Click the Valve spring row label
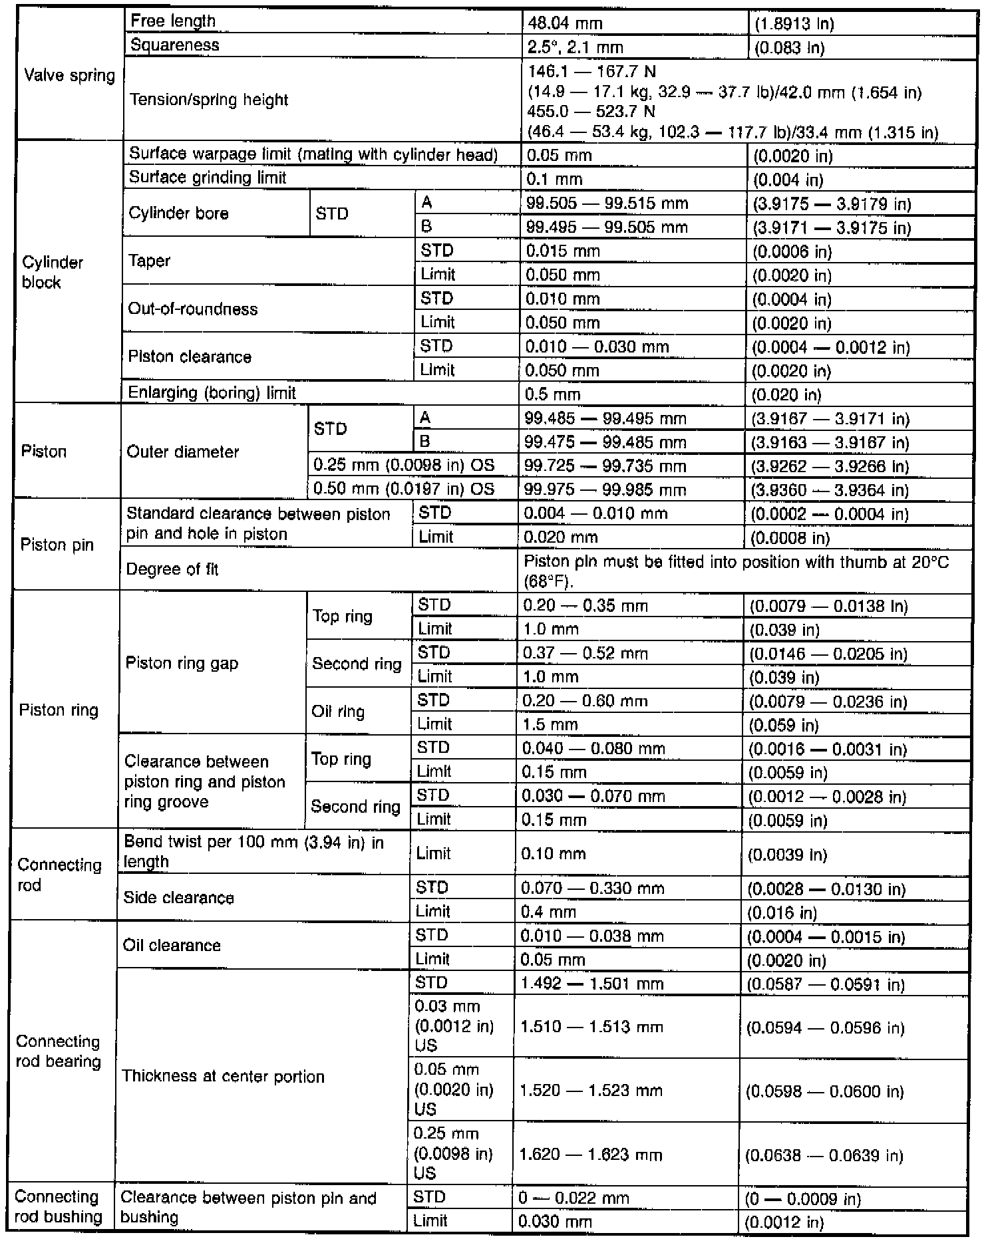tap(69, 75)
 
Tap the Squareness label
tap(175, 45)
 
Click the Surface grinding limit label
tap(208, 178)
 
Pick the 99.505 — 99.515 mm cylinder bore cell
tap(607, 204)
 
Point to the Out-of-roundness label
tap(192, 309)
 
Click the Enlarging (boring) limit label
tap(212, 393)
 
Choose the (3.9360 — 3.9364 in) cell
tap(830, 490)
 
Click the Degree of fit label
tap(172, 570)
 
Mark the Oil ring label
tap(338, 712)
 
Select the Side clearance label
tap(179, 898)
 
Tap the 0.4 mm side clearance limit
tap(548, 912)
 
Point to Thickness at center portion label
tap(223, 1076)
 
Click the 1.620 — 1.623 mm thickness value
tap(591, 1155)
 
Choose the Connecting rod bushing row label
tap(58, 1207)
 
